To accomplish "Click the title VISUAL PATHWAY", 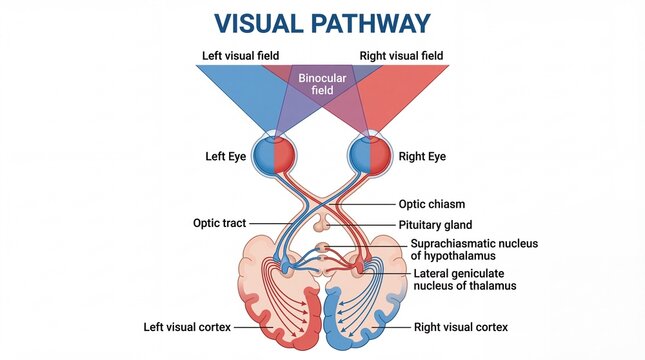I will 322,24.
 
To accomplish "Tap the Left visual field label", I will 241,55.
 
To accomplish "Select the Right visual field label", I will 403,55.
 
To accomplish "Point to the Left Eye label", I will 226,157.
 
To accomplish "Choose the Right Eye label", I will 422,157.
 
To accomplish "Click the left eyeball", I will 272,156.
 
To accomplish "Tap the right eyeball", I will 369,156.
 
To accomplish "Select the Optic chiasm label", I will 432,204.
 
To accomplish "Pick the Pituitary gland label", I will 436,225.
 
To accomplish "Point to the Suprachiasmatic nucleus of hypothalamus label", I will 465,250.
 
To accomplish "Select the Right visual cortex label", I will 461,327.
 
